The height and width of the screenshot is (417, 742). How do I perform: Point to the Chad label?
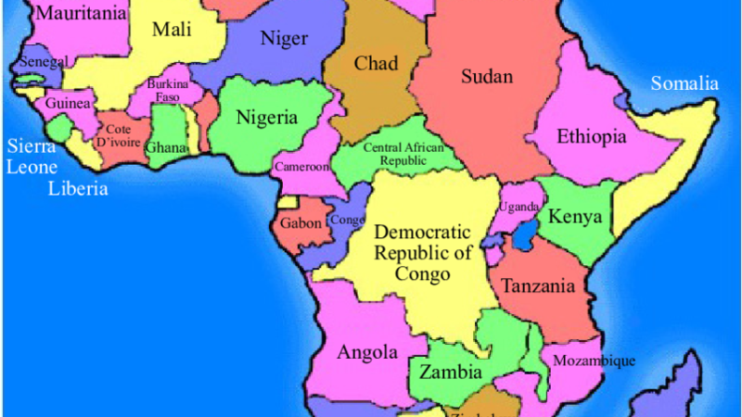coord(376,64)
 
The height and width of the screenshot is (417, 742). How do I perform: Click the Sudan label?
coord(487,77)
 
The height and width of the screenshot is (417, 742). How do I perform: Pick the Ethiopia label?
coord(592,137)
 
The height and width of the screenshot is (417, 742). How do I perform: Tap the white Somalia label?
coord(684,84)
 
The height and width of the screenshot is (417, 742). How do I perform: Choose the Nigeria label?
coord(266,118)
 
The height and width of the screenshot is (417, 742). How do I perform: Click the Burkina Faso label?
coord(168,90)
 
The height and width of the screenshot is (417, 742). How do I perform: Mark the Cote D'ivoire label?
coord(118,136)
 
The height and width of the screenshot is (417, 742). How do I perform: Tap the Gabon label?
coord(302,223)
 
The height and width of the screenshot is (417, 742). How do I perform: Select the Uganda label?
coord(518,206)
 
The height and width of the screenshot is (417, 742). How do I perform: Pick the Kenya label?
coord(575,218)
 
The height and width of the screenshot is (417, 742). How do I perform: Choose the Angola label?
coord(367,352)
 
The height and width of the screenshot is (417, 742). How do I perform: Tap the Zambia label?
coord(451,373)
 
